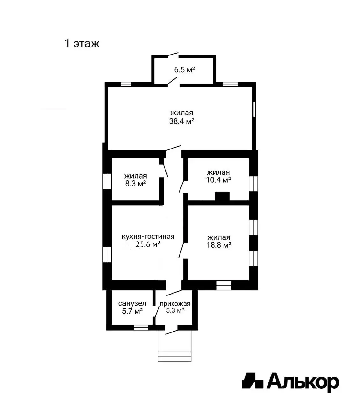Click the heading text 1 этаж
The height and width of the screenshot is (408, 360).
tap(82, 44)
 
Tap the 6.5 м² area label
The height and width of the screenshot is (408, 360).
tap(184, 70)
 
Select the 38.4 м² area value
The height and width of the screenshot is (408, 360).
tap(182, 121)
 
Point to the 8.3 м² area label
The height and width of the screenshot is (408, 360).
tap(136, 184)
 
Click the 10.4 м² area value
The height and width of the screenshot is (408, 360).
tap(218, 180)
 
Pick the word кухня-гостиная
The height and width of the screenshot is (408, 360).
tap(148, 237)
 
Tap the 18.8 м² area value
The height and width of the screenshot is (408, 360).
tap(219, 245)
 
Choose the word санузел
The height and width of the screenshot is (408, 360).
tap(132, 303)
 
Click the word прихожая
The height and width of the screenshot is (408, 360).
tap(175, 303)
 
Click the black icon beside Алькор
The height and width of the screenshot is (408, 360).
tap(253, 381)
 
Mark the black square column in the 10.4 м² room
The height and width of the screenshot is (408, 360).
tap(222, 197)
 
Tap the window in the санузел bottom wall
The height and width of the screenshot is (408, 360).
tap(141, 328)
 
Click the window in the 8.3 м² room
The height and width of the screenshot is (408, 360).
tap(107, 181)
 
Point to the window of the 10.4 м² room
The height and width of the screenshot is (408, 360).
tap(253, 184)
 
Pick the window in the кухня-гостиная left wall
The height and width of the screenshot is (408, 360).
tap(107, 255)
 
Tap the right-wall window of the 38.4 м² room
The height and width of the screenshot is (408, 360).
tap(254, 109)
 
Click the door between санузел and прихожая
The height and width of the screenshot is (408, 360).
tap(157, 311)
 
